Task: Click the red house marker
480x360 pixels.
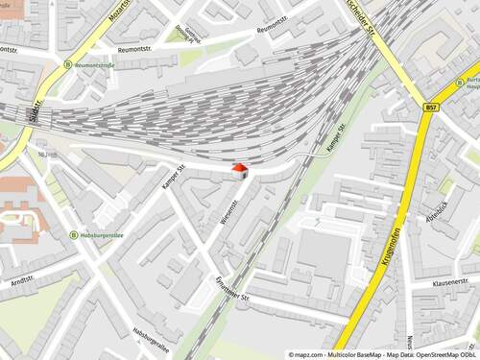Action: tap(239, 170)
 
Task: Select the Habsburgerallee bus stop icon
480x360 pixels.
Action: tap(74, 234)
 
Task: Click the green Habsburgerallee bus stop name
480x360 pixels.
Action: tap(105, 233)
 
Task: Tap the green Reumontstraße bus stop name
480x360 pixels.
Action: tap(94, 65)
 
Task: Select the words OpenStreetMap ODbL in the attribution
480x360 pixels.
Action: tap(446, 354)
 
